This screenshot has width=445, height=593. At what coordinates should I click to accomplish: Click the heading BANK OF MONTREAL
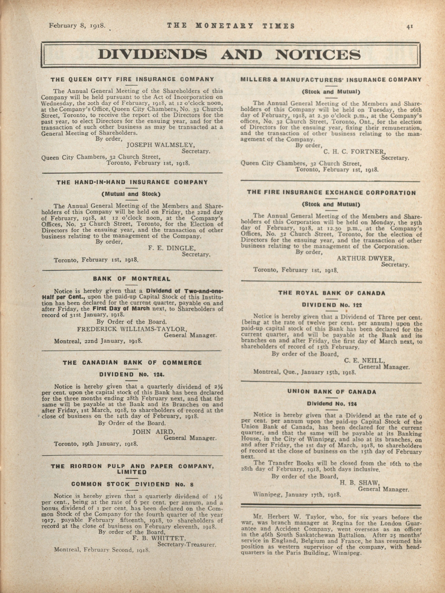(x=132, y=279)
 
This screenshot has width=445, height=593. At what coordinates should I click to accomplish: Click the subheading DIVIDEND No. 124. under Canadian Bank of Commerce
(x=132, y=375)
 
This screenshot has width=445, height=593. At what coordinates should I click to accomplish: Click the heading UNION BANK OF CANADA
(x=332, y=392)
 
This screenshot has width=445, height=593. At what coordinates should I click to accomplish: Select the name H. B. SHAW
(x=359, y=483)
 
